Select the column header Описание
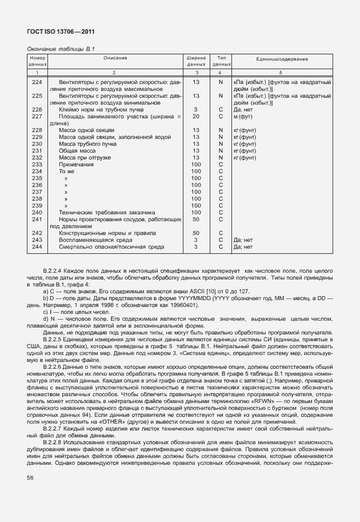[115, 59]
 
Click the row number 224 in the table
[37, 82]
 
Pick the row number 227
[37, 116]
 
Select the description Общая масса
[77, 150]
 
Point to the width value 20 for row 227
[195, 116]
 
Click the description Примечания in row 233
[77, 164]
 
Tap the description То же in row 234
[67, 171]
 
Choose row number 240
[37, 212]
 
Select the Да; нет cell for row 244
[243, 246]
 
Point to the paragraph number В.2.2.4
[55, 268]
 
